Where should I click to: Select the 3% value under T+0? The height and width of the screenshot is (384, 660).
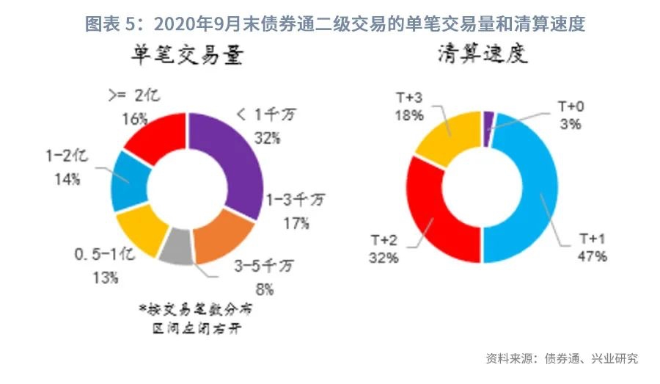[571, 125]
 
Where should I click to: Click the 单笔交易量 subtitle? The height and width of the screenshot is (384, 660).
[186, 58]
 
